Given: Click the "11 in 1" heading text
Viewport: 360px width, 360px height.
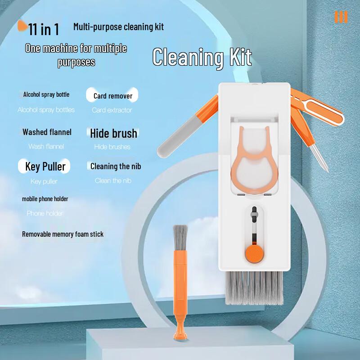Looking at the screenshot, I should pos(44,30).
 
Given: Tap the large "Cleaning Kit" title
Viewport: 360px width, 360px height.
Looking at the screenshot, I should pos(202,58).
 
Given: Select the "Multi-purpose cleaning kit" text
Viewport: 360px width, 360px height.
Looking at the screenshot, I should pos(118,27).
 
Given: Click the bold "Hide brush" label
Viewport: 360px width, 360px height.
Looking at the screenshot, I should pos(113,133).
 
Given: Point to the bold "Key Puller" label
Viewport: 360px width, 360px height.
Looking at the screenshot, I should pos(45,166).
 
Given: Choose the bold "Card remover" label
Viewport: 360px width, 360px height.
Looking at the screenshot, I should pos(113,96).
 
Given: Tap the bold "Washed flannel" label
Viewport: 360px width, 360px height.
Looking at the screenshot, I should pos(47,132).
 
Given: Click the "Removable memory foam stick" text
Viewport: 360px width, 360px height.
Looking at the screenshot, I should pos(63,234).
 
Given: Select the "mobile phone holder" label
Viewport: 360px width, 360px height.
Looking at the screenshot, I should pos(45,199).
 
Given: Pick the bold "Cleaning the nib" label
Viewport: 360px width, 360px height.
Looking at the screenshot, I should pos(116,166).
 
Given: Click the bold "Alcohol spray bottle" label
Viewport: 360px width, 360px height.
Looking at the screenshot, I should pos(46,94).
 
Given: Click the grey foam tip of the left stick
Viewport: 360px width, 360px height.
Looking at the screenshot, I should pos(172,143).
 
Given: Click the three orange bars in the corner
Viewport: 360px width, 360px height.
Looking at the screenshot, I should pos(341,17).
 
